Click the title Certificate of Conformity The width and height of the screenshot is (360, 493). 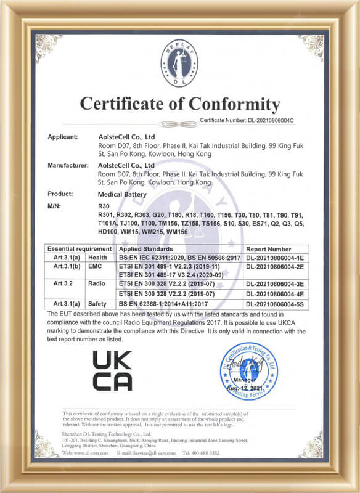click(179, 103)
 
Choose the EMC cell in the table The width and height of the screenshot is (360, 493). click(96, 265)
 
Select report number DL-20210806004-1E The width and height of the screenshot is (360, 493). click(275, 256)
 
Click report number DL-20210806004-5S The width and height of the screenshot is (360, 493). click(275, 304)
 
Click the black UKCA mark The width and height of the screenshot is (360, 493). click(112, 370)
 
